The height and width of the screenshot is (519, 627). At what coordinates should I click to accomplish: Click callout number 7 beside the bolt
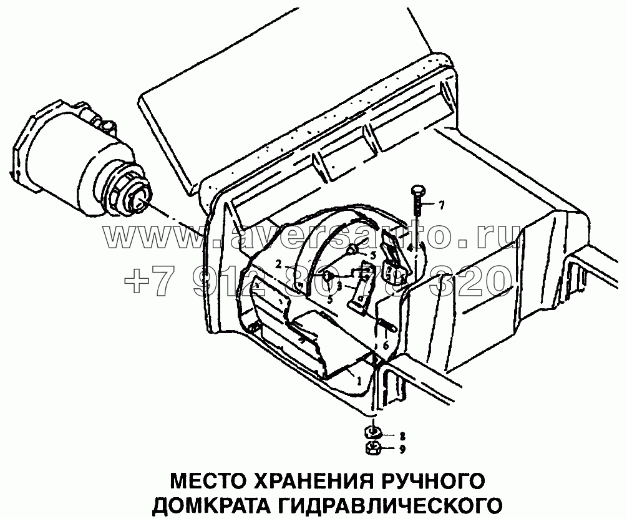pyautogui.click(x=441, y=205)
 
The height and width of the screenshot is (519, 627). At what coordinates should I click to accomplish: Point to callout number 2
pyautogui.click(x=280, y=264)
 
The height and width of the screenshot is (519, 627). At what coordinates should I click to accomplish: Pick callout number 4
pyautogui.click(x=410, y=248)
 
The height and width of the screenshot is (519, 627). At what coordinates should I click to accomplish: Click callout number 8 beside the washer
pyautogui.click(x=402, y=435)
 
